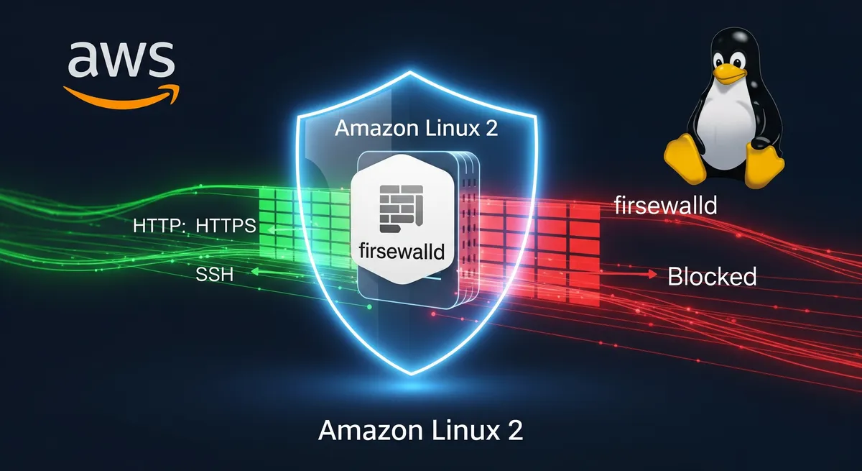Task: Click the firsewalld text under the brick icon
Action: [x=402, y=252]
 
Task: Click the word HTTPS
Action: [x=225, y=226]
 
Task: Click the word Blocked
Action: [x=712, y=276]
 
